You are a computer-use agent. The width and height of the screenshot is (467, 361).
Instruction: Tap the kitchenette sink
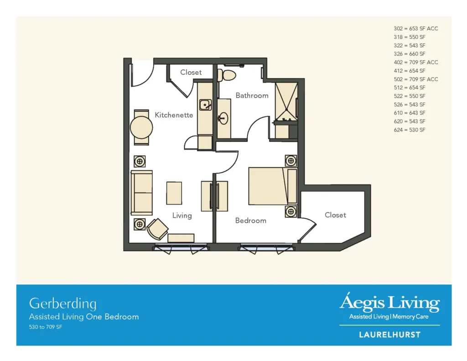pyautogui.click(x=206, y=105)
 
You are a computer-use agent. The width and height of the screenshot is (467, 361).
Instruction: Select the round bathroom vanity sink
pyautogui.click(x=223, y=119)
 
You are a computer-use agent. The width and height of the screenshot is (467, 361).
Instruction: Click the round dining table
pyautogui.click(x=141, y=127)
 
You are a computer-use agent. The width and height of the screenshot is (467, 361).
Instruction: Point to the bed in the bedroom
pyautogui.click(x=273, y=186)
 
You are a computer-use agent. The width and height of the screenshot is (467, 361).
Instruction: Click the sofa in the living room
pyautogui.click(x=141, y=193)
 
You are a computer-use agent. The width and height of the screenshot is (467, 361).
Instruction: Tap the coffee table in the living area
pyautogui.click(x=174, y=193)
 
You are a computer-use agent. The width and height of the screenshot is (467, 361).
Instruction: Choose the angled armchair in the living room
pyautogui.click(x=157, y=229)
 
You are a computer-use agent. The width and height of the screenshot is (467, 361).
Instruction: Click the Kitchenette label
pyautogui.click(x=174, y=115)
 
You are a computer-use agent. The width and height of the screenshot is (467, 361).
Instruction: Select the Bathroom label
pyautogui.click(x=252, y=95)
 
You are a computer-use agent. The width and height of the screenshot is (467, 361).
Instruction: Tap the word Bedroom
pyautogui.click(x=251, y=220)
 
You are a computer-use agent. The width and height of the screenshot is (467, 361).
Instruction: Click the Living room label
pyautogui.click(x=182, y=215)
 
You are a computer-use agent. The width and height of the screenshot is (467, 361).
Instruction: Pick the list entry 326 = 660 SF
pyautogui.click(x=410, y=54)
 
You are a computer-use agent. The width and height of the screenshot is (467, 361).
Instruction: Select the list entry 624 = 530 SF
pyautogui.click(x=410, y=130)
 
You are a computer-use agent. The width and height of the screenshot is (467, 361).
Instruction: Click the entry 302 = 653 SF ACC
pyautogui.click(x=416, y=29)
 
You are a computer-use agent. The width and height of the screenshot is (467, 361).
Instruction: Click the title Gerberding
pyautogui.click(x=63, y=304)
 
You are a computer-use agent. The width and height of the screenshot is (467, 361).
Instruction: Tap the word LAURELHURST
pyautogui.click(x=390, y=335)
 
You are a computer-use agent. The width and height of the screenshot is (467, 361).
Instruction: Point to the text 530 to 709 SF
pyautogui.click(x=46, y=327)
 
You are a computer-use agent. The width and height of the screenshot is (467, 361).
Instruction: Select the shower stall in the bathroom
pyautogui.click(x=286, y=102)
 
